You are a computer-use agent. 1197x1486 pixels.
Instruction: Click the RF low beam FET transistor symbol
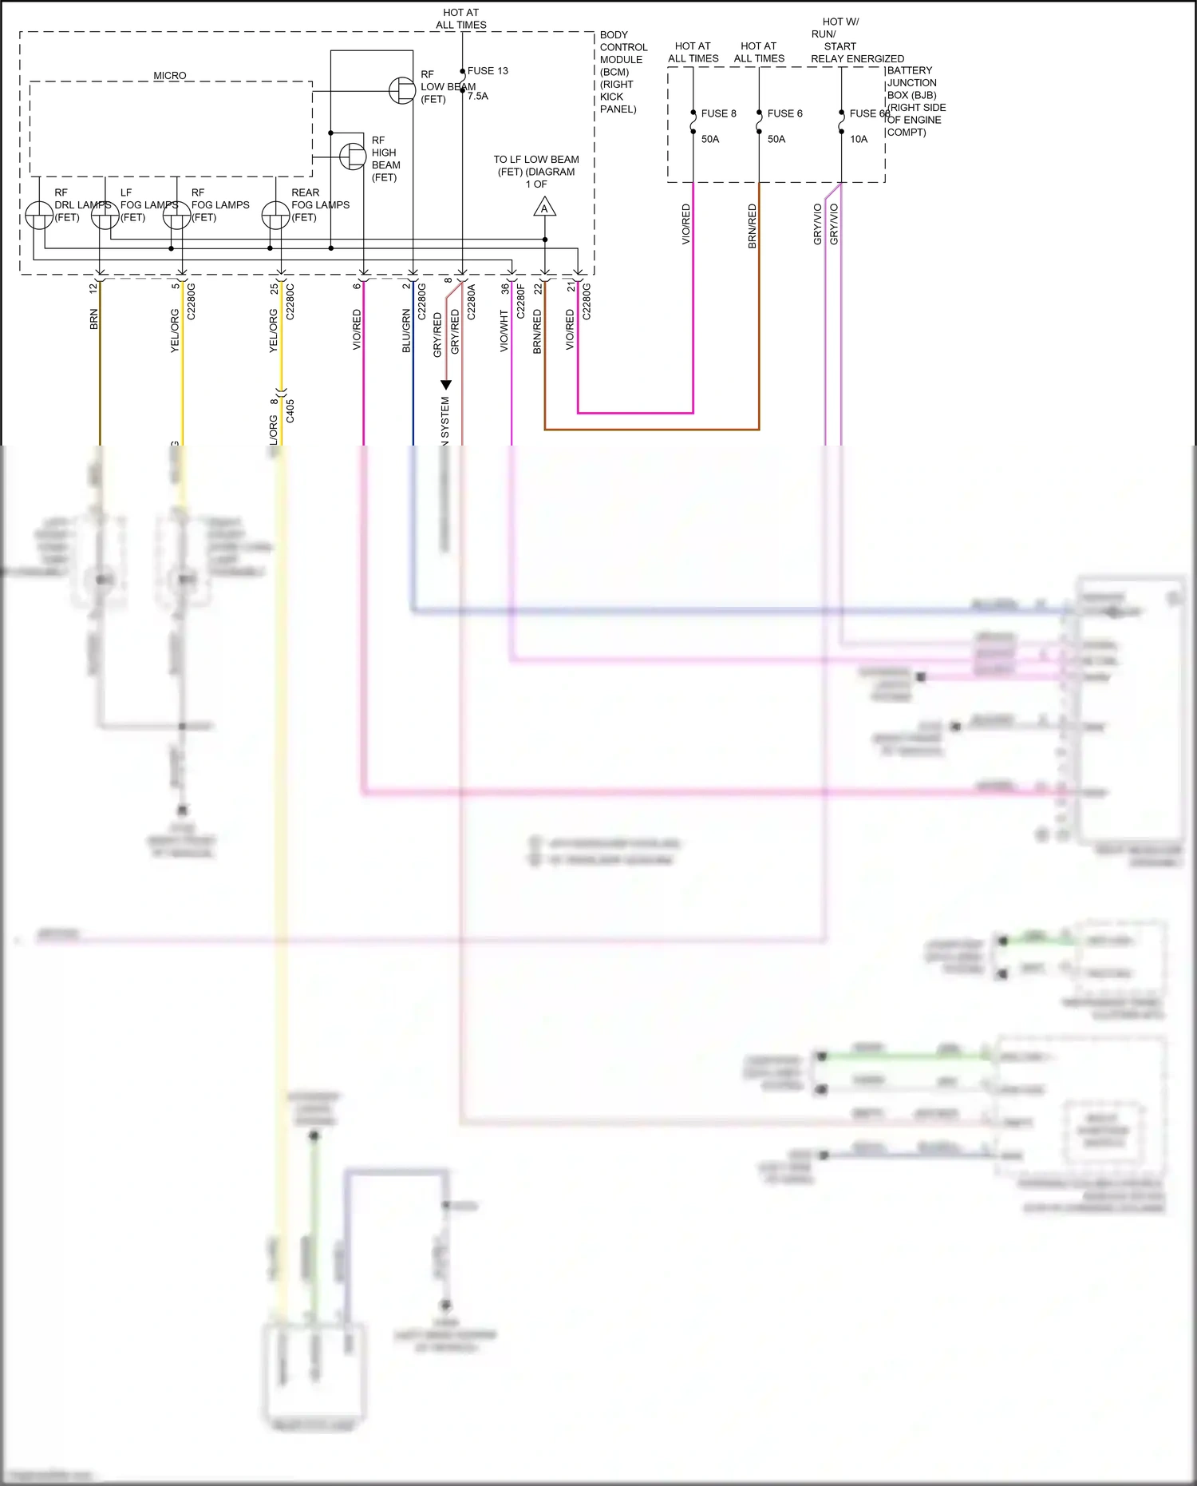click(x=402, y=91)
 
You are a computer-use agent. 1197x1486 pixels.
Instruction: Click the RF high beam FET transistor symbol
click(x=353, y=157)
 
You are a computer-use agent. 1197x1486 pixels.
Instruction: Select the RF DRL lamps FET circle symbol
click(x=39, y=216)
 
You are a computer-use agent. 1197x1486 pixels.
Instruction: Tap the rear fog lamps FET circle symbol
click(x=276, y=216)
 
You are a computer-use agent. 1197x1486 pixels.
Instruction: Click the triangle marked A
click(x=544, y=208)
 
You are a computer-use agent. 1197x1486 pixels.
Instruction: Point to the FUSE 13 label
click(x=488, y=71)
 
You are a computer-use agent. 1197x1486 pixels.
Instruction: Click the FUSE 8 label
click(x=718, y=113)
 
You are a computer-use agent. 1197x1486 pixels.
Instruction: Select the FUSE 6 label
click(x=784, y=113)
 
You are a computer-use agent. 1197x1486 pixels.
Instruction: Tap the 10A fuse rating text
click(x=859, y=139)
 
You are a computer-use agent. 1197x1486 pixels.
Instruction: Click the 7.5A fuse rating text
click(x=478, y=96)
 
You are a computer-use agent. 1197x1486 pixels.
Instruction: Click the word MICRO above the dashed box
click(x=170, y=76)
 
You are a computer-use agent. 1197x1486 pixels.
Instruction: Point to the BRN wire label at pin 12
click(x=93, y=319)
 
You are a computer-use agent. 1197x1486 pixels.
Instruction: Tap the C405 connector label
click(x=290, y=411)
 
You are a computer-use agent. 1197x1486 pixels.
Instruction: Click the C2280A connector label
click(x=472, y=302)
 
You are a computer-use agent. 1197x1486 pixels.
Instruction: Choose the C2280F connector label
click(x=521, y=302)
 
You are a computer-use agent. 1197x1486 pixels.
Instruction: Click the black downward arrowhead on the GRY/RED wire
click(x=446, y=385)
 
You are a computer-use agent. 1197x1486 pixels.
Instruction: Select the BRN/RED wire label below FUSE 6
click(x=752, y=226)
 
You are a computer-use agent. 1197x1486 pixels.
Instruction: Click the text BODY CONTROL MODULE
click(x=623, y=47)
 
